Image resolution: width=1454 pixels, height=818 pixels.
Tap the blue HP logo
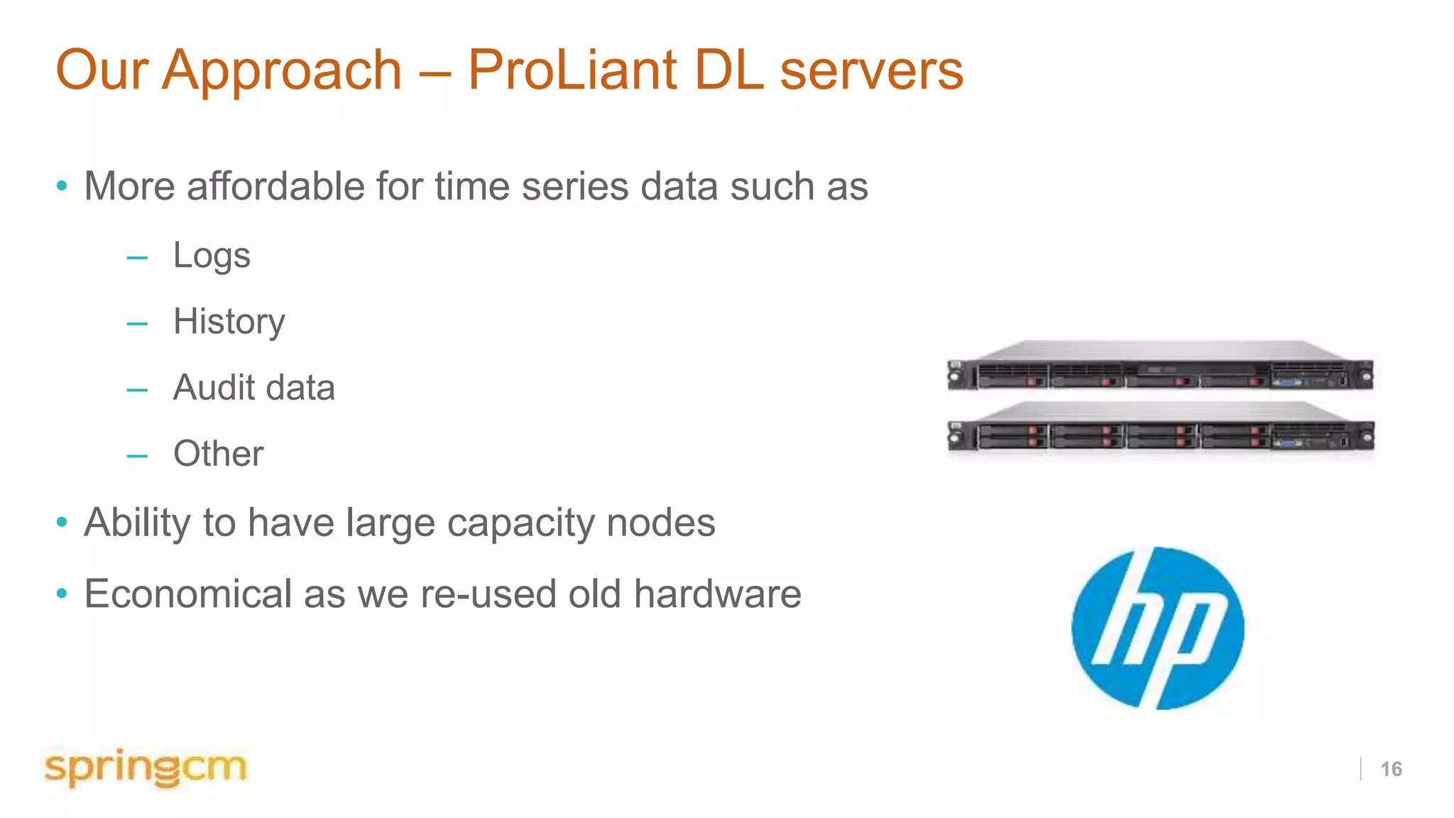pos(1157,628)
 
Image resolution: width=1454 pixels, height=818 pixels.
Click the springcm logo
pos(146,768)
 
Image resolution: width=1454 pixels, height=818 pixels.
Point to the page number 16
pos(1391,769)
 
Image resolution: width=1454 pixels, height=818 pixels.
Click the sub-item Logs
pos(212,256)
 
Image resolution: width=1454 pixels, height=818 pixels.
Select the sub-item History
pos(229,322)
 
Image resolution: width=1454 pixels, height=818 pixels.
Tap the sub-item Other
pos(218,454)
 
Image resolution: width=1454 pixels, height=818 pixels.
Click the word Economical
pos(187,594)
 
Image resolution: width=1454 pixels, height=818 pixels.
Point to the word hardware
pos(717,594)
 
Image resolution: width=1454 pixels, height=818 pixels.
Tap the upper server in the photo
pos(1160,366)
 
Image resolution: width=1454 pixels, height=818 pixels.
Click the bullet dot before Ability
pos(62,523)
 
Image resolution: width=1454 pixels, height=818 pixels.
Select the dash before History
pos(137,324)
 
